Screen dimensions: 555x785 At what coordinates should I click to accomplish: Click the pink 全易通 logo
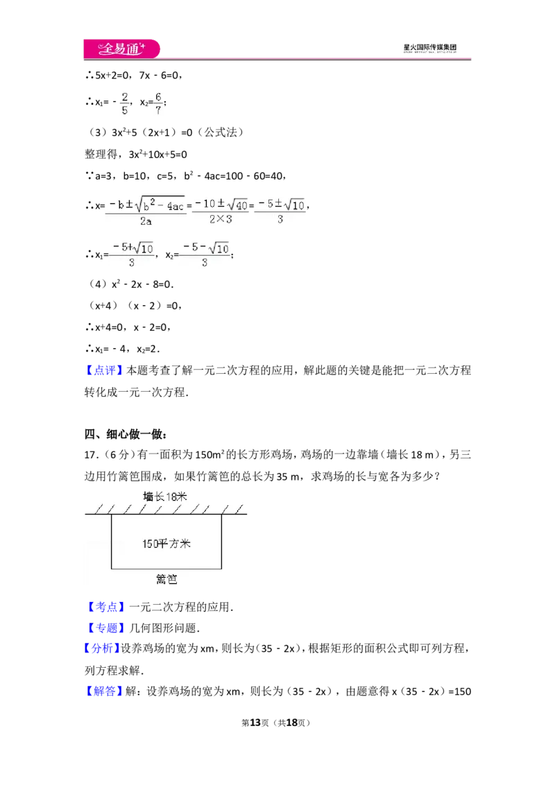point(121,49)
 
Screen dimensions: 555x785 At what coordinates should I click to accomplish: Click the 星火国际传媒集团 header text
point(429,48)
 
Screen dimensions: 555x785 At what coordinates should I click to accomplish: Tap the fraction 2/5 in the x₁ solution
point(125,103)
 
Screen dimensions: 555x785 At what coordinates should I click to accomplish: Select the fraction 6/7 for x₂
point(157,103)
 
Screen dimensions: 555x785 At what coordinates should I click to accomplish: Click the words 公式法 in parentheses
point(221,132)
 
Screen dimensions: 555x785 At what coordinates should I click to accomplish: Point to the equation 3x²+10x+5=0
point(157,154)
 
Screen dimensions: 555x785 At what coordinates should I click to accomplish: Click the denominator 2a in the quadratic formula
point(146,221)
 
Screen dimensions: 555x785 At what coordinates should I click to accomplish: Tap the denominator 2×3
point(221,218)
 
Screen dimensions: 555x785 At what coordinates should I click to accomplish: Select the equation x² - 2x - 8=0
point(142,284)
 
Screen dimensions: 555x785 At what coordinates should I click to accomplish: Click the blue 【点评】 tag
point(103,370)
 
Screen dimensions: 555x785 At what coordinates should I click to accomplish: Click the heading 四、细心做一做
point(126,434)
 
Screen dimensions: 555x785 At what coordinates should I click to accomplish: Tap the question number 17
point(91,455)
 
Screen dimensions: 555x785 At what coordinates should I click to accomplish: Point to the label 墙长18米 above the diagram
point(165,497)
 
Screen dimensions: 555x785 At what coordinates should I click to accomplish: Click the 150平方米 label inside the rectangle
point(166,544)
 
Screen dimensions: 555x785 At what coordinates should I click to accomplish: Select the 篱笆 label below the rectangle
point(166,579)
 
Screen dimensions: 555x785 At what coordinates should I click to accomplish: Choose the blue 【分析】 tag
point(101,648)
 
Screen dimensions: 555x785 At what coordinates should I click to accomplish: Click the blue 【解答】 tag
point(103,691)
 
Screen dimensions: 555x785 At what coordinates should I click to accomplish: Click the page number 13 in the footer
point(255,723)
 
